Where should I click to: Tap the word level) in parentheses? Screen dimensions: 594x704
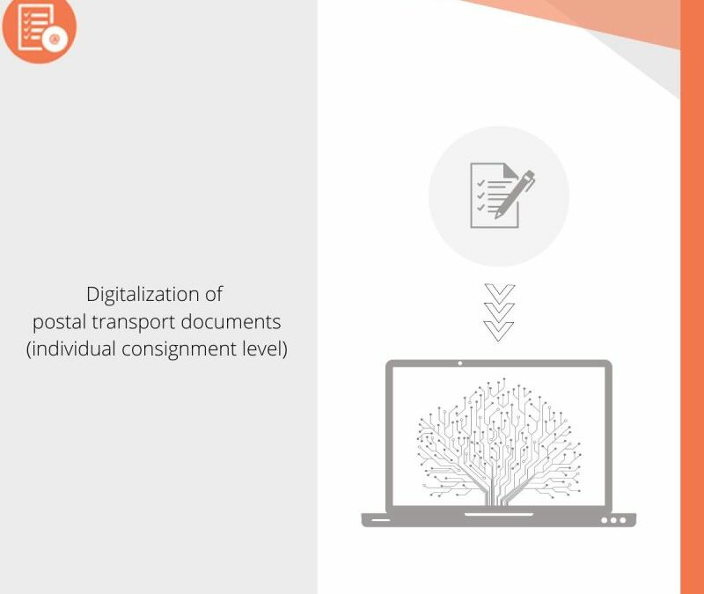click(x=266, y=348)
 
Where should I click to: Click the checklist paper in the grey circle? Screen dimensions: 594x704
click(x=491, y=195)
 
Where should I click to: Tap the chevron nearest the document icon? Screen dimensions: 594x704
click(x=499, y=292)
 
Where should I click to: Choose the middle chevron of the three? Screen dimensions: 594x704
click(x=499, y=311)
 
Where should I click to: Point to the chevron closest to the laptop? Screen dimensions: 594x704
click(x=499, y=330)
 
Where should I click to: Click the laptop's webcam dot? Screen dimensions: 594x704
click(x=459, y=363)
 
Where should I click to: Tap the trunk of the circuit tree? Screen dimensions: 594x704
click(x=499, y=493)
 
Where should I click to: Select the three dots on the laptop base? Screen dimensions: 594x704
click(x=613, y=520)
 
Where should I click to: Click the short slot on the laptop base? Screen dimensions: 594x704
click(x=380, y=520)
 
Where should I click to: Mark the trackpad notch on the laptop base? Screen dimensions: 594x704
click(x=499, y=514)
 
